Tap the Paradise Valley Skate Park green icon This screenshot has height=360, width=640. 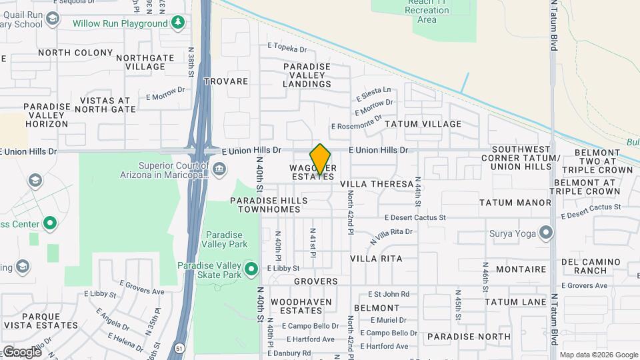pyautogui.click(x=251, y=270)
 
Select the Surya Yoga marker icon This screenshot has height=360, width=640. pyautogui.click(x=546, y=233)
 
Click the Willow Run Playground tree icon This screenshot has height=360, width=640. pyautogui.click(x=177, y=24)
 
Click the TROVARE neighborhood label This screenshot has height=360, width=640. pyautogui.click(x=225, y=81)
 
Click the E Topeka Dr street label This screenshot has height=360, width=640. pyautogui.click(x=287, y=49)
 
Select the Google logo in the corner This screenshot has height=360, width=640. pyautogui.click(x=22, y=351)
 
